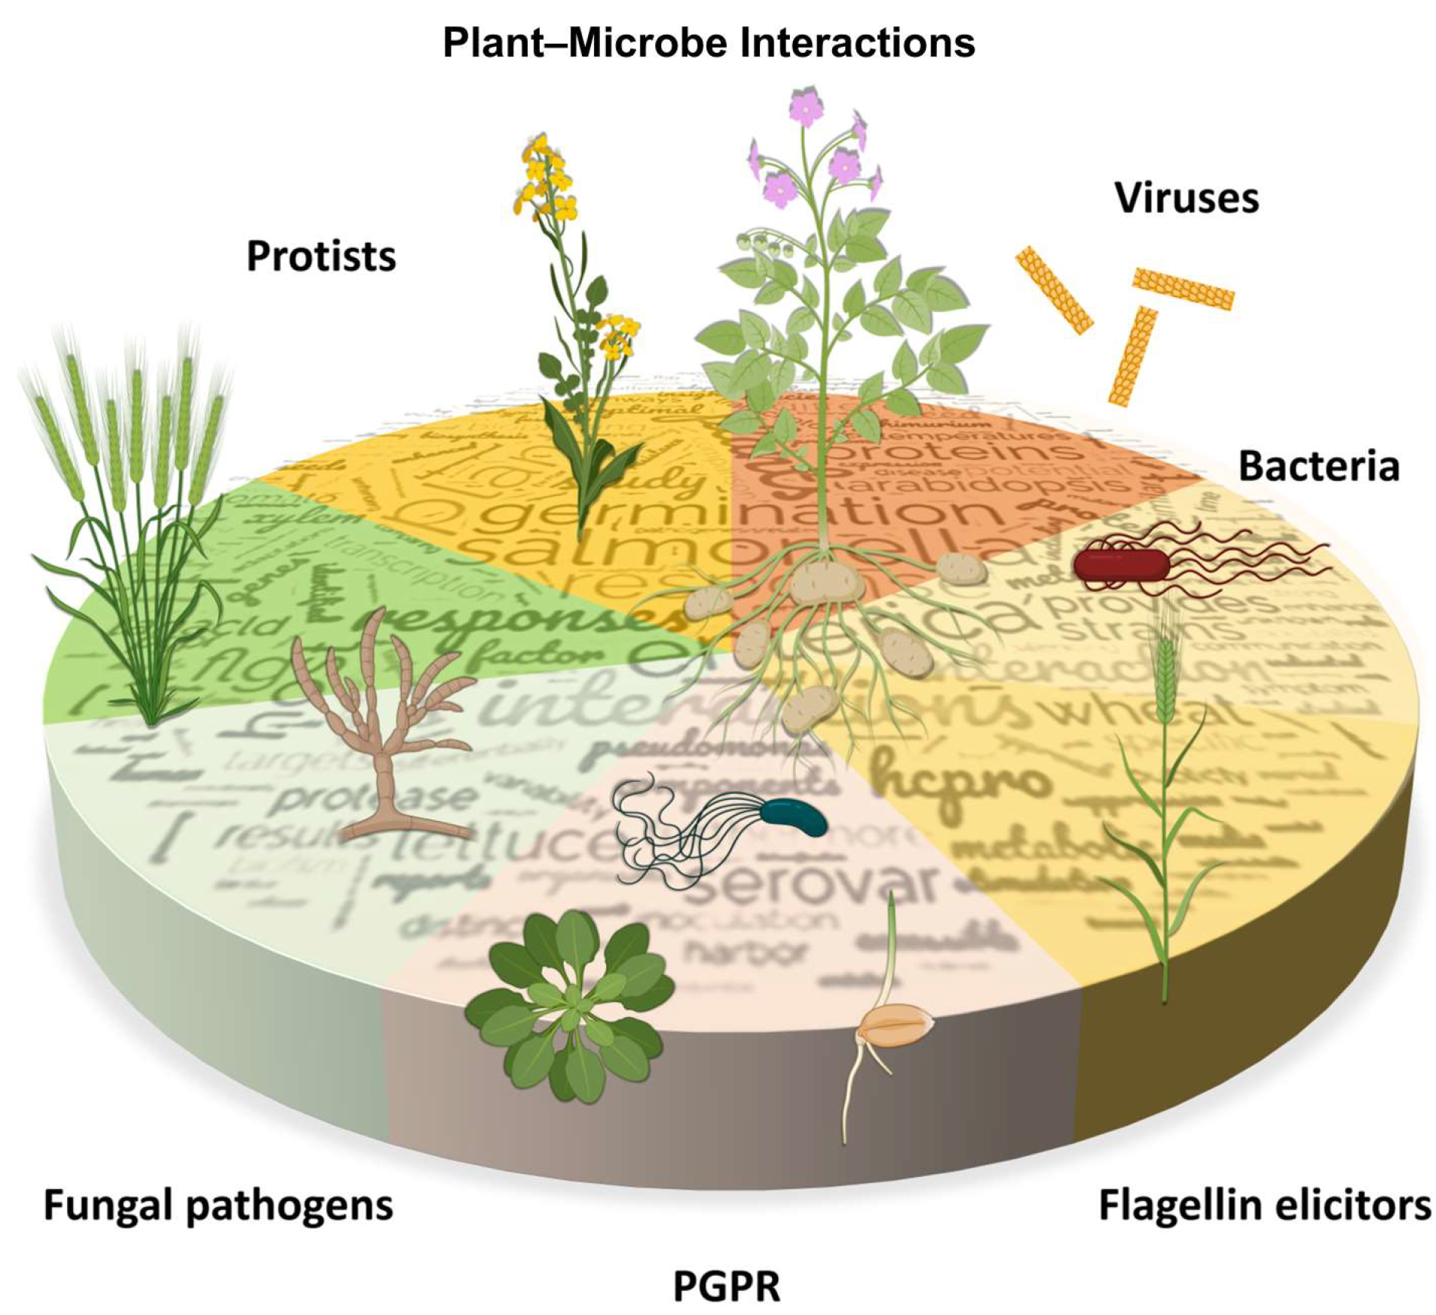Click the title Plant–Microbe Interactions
click(708, 42)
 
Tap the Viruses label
click(1186, 198)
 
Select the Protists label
click(321, 256)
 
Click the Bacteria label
click(1318, 466)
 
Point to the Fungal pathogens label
click(219, 1204)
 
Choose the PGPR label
click(726, 1286)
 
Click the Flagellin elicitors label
click(1264, 1204)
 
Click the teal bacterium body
click(796, 817)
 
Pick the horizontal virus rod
click(1183, 288)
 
